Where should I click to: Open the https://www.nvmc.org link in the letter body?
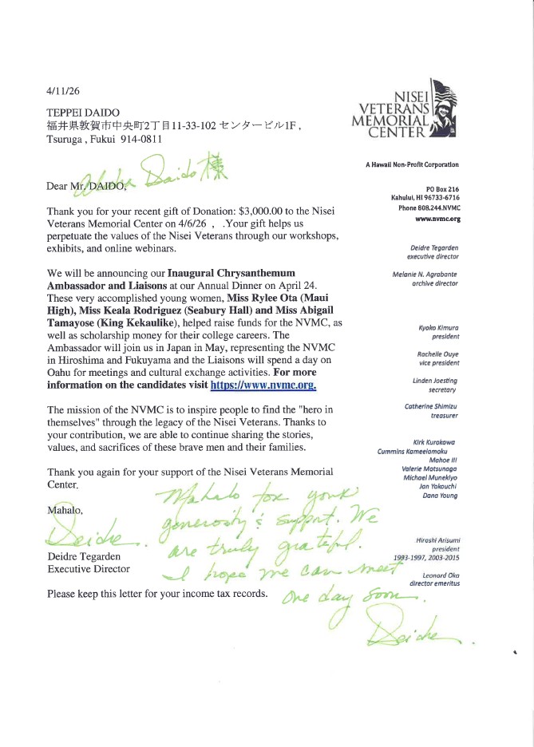click(x=263, y=386)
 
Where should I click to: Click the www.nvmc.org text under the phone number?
click(x=438, y=218)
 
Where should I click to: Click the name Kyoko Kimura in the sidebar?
click(x=437, y=328)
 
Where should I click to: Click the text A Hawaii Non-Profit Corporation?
click(x=412, y=164)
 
